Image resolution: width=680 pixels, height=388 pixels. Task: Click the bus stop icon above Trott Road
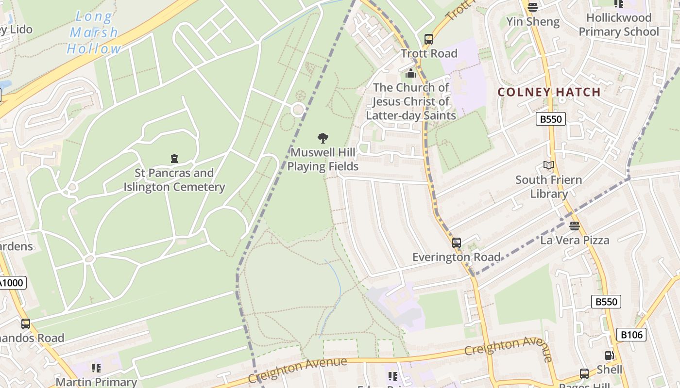click(429, 39)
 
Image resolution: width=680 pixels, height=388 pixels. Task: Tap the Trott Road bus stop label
click(429, 53)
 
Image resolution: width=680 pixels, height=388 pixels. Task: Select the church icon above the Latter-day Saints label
click(411, 74)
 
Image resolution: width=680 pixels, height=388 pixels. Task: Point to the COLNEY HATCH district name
click(549, 92)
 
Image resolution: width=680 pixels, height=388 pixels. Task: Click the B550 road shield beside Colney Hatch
click(551, 119)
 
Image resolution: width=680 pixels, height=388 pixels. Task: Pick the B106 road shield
click(631, 334)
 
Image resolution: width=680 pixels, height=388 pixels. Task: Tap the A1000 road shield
click(12, 283)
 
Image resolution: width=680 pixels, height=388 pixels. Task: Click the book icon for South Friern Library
click(549, 165)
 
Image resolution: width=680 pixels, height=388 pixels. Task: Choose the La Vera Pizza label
click(575, 240)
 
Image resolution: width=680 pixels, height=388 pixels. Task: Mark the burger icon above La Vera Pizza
click(575, 226)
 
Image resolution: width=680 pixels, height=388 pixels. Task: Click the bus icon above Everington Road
click(457, 242)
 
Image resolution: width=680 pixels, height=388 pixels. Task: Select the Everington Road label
click(457, 257)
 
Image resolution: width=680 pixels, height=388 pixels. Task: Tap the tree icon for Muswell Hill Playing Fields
click(323, 138)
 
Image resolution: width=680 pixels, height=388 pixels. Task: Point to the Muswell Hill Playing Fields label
click(323, 160)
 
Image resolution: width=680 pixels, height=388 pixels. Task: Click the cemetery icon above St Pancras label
click(174, 159)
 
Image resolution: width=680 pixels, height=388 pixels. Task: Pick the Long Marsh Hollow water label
click(94, 32)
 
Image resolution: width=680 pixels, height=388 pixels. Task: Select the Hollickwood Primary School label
click(618, 25)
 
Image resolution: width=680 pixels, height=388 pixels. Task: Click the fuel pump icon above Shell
click(609, 356)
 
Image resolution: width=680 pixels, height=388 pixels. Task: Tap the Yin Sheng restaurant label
click(533, 22)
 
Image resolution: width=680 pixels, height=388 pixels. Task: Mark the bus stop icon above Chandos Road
click(26, 323)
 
